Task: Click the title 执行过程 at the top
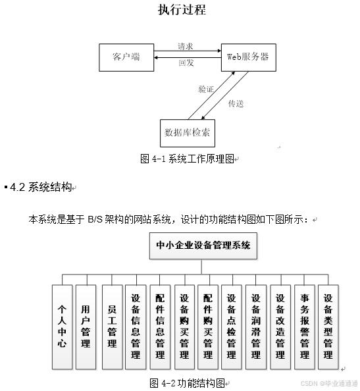[x=182, y=10]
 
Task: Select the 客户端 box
[x=126, y=57]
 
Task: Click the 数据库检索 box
[x=187, y=132]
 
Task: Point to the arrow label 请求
[x=186, y=47]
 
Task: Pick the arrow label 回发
[x=186, y=64]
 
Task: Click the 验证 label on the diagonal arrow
[x=206, y=89]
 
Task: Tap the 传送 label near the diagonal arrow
[x=236, y=103]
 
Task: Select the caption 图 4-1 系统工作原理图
[x=188, y=159]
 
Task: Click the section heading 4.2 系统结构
[x=40, y=187]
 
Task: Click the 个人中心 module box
[x=62, y=326]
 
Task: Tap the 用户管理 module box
[x=86, y=326]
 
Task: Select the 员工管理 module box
[x=112, y=326]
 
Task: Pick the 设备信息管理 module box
[x=136, y=326]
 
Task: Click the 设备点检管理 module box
[x=231, y=326]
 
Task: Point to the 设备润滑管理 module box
[x=255, y=326]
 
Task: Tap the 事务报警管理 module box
[x=304, y=326]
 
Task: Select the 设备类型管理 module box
[x=328, y=326]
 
